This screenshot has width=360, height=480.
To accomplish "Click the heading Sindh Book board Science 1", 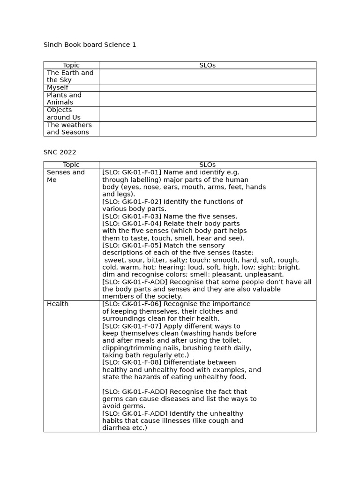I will click(90, 45).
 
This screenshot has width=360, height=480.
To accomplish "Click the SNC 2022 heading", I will click(60, 152).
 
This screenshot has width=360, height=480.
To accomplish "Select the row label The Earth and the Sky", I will click(70, 76).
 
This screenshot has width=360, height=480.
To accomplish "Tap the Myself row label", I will click(57, 88).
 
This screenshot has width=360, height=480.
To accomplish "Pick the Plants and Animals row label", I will click(64, 99).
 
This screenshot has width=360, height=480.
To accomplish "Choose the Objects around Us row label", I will click(63, 114).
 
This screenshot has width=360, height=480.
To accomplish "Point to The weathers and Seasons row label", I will click(69, 129).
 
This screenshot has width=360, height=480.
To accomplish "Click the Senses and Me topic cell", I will click(66, 176).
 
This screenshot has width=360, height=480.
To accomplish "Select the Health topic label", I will click(57, 304).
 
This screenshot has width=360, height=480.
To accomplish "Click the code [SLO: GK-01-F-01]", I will click(132, 172).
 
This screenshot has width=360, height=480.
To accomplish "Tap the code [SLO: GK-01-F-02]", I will click(132, 202).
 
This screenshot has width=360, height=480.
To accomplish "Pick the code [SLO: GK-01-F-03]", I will click(132, 217).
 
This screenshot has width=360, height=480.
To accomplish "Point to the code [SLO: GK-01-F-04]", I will click(132, 224).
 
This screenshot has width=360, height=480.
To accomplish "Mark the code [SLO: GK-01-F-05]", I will click(132, 246).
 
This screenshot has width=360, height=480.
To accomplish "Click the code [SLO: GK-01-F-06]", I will click(132, 304).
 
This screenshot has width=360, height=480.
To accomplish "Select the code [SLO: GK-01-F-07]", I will click(132, 326).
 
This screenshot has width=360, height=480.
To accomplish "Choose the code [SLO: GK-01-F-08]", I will click(132, 363).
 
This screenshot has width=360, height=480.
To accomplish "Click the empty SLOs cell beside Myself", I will click(207, 88).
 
